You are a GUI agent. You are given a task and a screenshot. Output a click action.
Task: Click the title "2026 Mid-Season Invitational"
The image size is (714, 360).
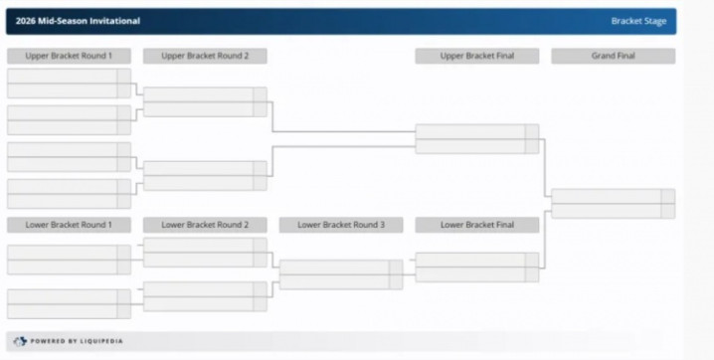(78, 21)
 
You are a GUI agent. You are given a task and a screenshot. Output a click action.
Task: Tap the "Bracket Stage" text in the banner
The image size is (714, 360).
(638, 21)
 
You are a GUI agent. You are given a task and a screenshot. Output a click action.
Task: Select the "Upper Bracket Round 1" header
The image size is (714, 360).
(69, 56)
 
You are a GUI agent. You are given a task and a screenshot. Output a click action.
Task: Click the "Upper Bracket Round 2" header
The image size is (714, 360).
(205, 56)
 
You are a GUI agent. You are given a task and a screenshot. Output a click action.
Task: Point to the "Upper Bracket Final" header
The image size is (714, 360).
(477, 56)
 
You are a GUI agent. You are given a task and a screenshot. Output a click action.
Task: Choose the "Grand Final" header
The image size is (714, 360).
(614, 56)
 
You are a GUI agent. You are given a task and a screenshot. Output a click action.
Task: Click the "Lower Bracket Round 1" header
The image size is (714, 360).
(69, 225)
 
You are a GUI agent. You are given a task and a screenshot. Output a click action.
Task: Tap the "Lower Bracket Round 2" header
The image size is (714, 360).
(205, 225)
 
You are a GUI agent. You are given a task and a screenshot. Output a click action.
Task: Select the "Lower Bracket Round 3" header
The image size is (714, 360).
(341, 225)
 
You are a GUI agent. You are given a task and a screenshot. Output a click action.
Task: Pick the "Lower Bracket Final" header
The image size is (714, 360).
(477, 225)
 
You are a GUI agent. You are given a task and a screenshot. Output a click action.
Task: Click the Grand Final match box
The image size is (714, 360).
(614, 204)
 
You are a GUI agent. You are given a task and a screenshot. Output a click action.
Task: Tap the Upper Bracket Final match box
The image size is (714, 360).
(477, 139)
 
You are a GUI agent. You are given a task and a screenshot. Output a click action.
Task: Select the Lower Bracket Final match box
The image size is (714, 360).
(477, 268)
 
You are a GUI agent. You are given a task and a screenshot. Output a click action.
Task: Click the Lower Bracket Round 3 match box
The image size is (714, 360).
(341, 274)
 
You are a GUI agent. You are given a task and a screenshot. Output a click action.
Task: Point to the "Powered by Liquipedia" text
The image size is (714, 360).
(77, 341)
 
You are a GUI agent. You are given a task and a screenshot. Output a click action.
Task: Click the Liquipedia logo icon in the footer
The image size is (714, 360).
(20, 341)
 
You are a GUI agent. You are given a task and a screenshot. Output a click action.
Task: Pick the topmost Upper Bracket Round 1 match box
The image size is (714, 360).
(69, 84)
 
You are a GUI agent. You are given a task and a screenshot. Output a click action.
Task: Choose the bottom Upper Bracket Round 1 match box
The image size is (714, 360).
(69, 194)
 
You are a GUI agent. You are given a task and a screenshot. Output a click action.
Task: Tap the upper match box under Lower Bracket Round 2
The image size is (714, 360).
(205, 253)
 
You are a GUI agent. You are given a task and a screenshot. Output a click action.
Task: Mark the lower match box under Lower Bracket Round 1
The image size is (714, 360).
(69, 304)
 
